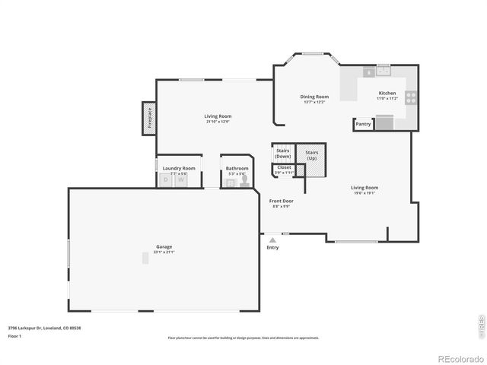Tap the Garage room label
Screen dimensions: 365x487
(164, 246)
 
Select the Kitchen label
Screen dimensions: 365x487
(387, 94)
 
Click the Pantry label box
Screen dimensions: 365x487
(363, 123)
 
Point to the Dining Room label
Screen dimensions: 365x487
(314, 97)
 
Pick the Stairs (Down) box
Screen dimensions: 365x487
(283, 153)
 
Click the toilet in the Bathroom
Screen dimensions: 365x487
(245, 181)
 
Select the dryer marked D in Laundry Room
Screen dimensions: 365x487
(166, 180)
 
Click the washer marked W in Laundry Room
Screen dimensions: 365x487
(181, 180)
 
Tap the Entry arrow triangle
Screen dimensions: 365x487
(272, 240)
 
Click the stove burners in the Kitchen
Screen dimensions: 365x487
(411, 97)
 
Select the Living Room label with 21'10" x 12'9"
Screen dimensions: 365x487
(217, 116)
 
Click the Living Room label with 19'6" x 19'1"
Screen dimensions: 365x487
(364, 188)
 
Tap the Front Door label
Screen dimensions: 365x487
(282, 202)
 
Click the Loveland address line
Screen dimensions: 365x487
(44, 328)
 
